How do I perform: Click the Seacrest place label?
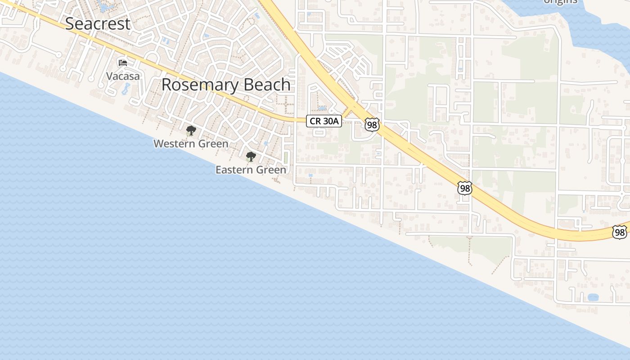click(x=98, y=23)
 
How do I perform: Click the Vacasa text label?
click(x=123, y=76)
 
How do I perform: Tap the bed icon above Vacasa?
click(x=122, y=63)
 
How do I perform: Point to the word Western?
click(x=174, y=144)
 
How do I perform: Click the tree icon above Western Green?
click(x=191, y=131)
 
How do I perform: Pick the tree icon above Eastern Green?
click(x=251, y=157)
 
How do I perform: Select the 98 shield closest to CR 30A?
click(x=372, y=125)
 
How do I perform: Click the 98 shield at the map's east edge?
click(x=620, y=232)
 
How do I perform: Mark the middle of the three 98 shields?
click(x=465, y=188)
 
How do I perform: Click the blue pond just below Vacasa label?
click(x=125, y=89)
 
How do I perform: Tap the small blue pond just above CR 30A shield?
click(x=322, y=108)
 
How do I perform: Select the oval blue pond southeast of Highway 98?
click(x=593, y=297)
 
